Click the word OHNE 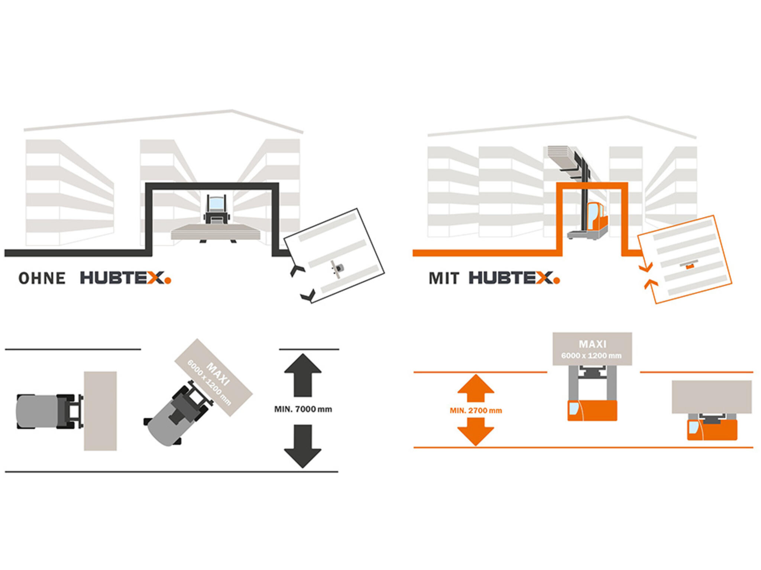[42, 278]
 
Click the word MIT [444, 278]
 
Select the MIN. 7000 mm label [303, 409]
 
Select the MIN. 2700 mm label [476, 410]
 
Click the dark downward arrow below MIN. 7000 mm [303, 446]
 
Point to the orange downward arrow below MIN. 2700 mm [476, 431]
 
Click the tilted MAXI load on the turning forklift [214, 377]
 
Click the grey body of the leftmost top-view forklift [37, 411]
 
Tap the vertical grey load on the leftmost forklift [100, 411]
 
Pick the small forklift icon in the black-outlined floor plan [337, 268]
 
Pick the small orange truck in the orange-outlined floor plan [690, 266]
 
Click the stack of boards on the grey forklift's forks [216, 232]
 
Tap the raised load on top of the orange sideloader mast [562, 156]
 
